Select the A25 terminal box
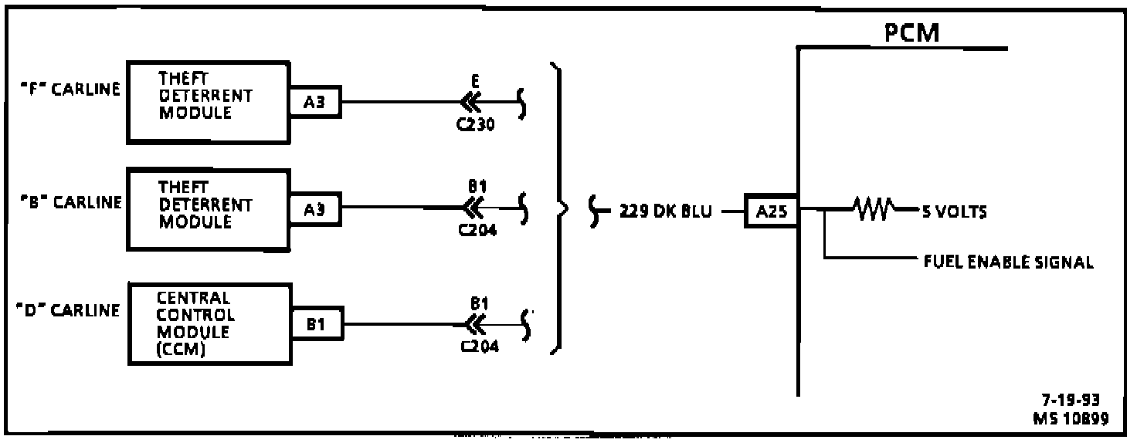pos(772,211)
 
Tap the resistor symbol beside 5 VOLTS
pos(874,208)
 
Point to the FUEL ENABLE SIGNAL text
pos(1008,262)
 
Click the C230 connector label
pos(476,123)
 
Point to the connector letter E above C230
pos(476,82)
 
